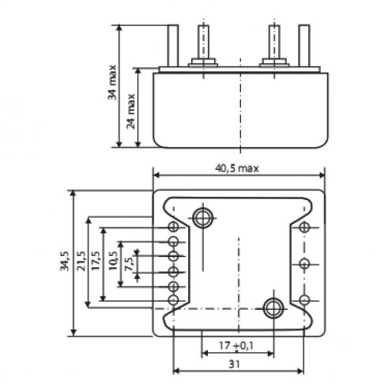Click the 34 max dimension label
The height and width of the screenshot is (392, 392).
(112, 82)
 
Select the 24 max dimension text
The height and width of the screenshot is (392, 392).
(131, 111)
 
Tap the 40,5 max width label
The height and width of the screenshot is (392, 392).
(237, 168)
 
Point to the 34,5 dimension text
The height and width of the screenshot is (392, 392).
(65, 261)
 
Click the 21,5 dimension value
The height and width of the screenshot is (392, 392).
(81, 261)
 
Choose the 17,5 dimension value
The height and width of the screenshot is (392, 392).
(96, 261)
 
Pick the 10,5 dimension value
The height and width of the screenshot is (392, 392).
(113, 261)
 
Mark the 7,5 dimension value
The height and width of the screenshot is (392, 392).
(130, 264)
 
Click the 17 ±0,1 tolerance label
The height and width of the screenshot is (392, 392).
(236, 345)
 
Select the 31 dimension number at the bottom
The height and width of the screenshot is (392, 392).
(234, 364)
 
